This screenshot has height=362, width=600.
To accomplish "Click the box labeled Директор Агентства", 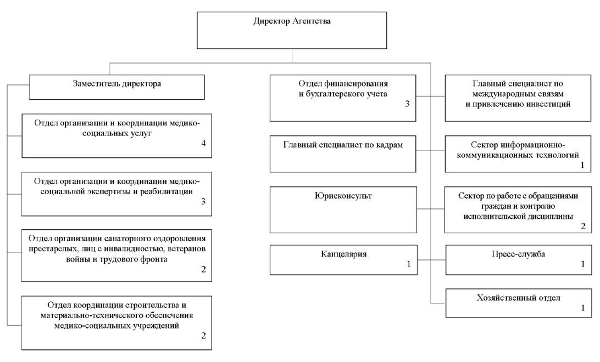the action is pyautogui.click(x=292, y=30).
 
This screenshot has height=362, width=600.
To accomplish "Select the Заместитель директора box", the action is pyautogui.click(x=116, y=87).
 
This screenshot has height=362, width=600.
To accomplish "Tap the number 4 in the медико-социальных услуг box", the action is pyautogui.click(x=203, y=143).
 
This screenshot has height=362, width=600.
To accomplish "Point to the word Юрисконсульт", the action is pyautogui.click(x=343, y=196).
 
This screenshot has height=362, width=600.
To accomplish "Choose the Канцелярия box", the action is pyautogui.click(x=343, y=259).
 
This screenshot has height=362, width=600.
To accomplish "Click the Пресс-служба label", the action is pyautogui.click(x=518, y=254).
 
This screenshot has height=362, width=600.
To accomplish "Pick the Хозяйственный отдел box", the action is pyautogui.click(x=518, y=303).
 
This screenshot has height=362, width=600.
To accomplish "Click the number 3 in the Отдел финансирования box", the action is pyautogui.click(x=407, y=104).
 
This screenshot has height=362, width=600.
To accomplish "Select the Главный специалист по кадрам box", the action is pyautogui.click(x=343, y=154).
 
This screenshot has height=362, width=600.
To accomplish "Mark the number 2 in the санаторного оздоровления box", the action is pyautogui.click(x=203, y=269).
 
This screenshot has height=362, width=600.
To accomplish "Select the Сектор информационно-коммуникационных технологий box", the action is pyautogui.click(x=518, y=154).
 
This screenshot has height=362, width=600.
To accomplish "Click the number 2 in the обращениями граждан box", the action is pyautogui.click(x=583, y=226).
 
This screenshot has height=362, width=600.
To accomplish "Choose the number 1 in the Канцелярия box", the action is pyautogui.click(x=408, y=264).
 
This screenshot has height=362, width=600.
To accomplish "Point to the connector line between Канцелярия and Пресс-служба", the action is pyautogui.click(x=431, y=260).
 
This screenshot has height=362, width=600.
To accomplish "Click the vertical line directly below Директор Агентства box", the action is pyautogui.click(x=292, y=56).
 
